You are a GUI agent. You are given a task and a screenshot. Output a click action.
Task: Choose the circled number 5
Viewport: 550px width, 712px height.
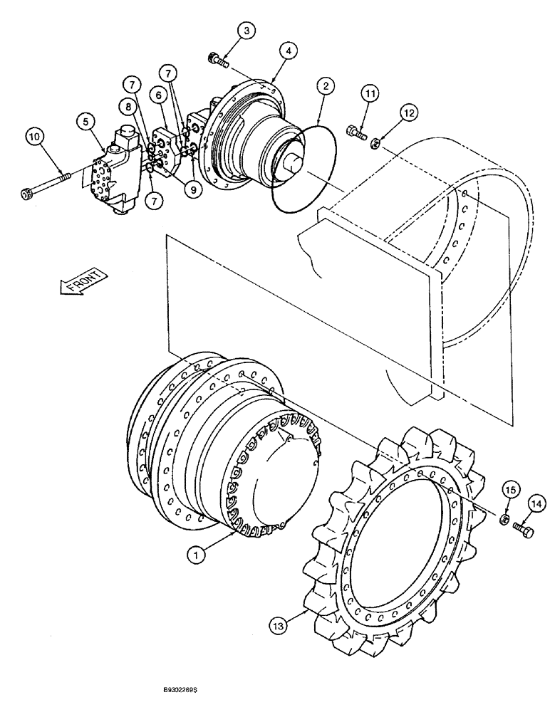[86, 123]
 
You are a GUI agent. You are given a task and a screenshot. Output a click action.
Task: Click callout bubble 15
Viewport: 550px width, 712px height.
[509, 491]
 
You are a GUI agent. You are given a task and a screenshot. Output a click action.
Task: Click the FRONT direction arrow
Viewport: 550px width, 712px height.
[80, 283]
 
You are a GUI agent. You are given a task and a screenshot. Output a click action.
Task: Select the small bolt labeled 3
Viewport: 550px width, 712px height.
[217, 61]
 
